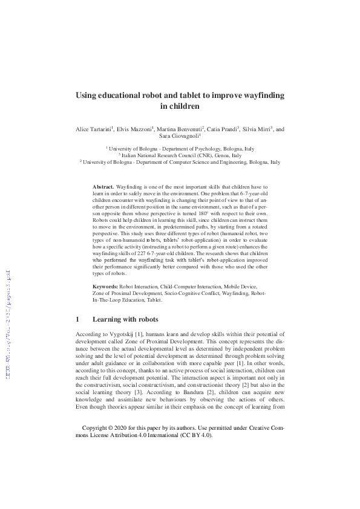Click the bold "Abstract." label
coord(103,189)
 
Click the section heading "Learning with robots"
coord(125,319)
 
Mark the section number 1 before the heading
coord(77,319)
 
